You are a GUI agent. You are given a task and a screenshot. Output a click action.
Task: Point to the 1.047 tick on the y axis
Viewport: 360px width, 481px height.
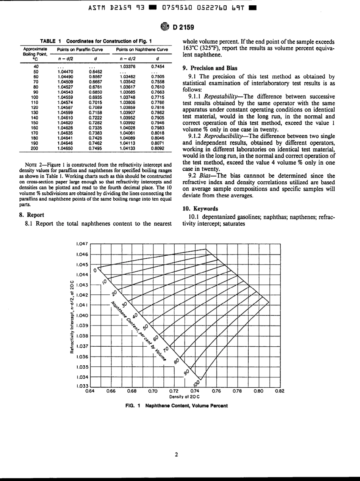[x=82, y=244]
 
